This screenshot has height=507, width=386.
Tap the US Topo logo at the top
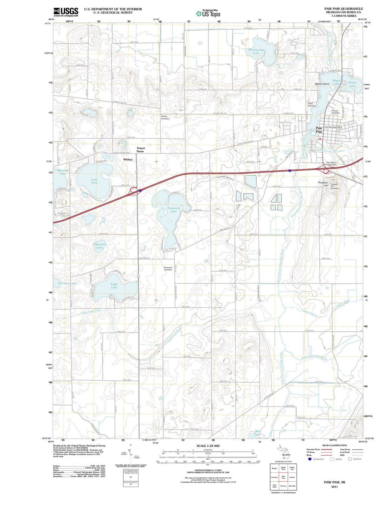click(208, 14)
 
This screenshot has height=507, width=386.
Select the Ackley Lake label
click(352, 84)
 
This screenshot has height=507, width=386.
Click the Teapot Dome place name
click(140, 150)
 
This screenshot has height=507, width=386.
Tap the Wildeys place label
click(128, 160)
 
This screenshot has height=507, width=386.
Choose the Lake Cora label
click(94, 181)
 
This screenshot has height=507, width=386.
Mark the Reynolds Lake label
click(63, 172)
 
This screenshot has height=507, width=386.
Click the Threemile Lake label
click(173, 209)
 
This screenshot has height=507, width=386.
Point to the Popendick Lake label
click(100, 246)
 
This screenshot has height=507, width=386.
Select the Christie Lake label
click(67, 283)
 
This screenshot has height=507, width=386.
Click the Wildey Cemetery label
click(165, 117)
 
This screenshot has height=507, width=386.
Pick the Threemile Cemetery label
click(168, 268)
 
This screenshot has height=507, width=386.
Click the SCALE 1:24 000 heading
click(208, 446)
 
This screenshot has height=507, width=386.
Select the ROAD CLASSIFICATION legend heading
click(335, 445)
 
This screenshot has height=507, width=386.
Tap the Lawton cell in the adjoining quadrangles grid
click(292, 477)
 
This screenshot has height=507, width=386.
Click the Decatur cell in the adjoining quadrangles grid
click(283, 486)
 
